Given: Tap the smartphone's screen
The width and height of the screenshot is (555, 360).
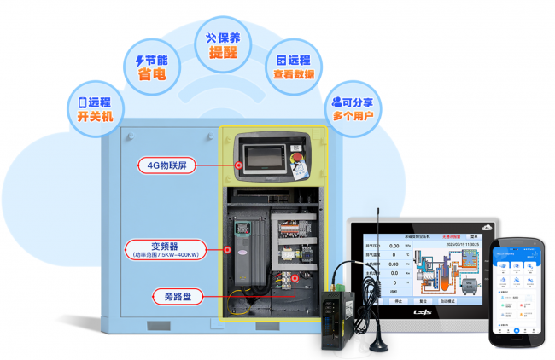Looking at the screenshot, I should [518, 289].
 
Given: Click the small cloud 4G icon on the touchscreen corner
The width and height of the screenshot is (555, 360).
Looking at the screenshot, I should [486, 226].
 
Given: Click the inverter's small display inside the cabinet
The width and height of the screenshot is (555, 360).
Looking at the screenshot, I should [242, 228].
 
